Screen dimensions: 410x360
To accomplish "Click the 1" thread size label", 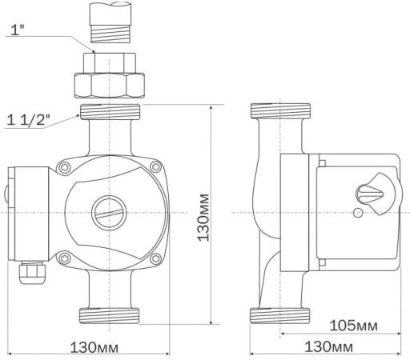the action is (x=17, y=30).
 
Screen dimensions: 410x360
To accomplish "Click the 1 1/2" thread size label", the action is (x=28, y=120).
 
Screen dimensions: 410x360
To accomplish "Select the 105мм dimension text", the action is (x=354, y=326).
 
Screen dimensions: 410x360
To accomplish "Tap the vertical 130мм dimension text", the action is (x=203, y=218).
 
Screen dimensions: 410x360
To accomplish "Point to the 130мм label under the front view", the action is (x=94, y=347).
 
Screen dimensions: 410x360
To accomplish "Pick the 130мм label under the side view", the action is (x=328, y=346).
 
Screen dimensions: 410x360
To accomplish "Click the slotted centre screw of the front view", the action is (x=109, y=213).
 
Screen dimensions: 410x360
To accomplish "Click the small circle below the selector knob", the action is (x=358, y=213).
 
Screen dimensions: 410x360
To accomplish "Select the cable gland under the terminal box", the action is (x=31, y=273).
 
